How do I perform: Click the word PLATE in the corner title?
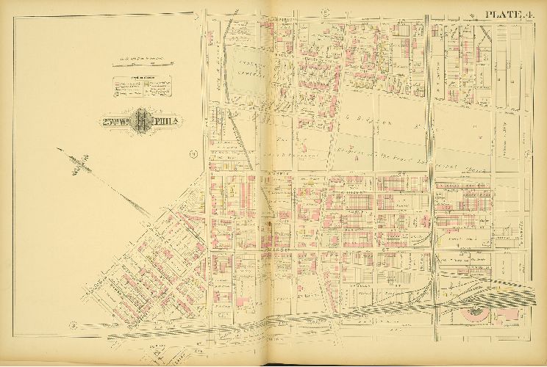(x=500, y=14)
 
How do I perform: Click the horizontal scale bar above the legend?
(x=141, y=65)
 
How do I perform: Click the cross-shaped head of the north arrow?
(x=80, y=160)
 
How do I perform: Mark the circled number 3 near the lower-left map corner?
(x=72, y=324)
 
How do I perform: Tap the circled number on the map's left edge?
(x=193, y=154)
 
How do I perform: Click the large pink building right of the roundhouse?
(x=507, y=316)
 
